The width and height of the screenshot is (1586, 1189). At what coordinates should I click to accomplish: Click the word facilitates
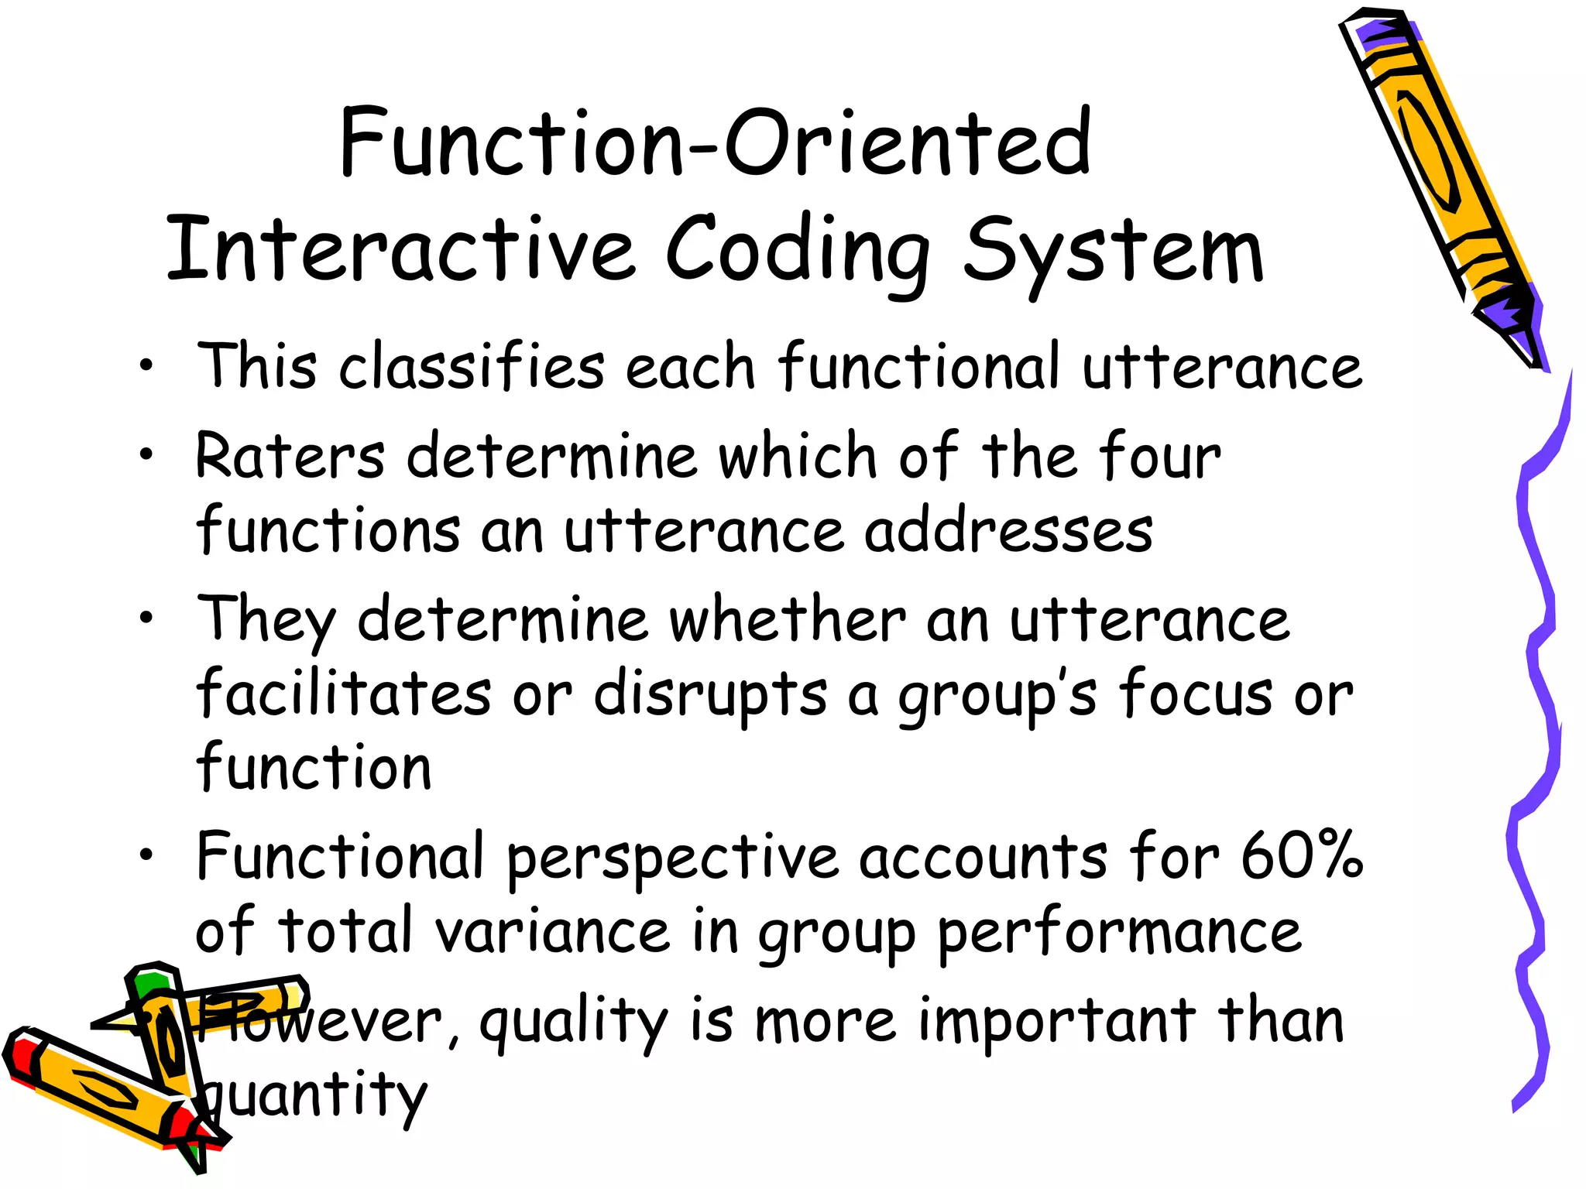344,693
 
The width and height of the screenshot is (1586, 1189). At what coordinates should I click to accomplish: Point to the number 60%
1302,855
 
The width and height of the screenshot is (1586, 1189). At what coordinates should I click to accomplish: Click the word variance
552,931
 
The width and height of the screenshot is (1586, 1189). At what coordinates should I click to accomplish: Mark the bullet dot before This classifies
146,366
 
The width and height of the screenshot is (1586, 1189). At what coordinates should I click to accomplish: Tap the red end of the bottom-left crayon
22,1057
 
